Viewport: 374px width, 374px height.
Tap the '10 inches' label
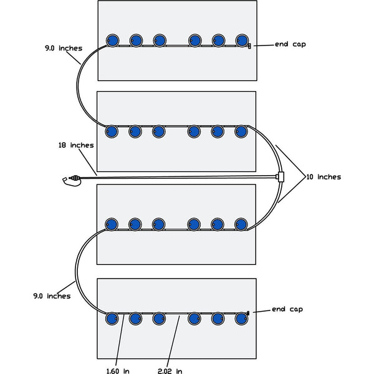[x=324, y=177]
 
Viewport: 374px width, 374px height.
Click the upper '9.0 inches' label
[x=63, y=48]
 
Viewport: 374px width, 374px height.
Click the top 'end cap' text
[x=290, y=45]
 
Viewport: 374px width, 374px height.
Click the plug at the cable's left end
[x=69, y=180]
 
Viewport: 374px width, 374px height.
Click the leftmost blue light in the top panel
[x=112, y=41]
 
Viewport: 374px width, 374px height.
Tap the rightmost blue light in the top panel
[x=242, y=41]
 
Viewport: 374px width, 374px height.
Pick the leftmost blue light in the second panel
[x=112, y=132]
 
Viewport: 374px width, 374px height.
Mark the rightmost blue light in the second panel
[x=241, y=132]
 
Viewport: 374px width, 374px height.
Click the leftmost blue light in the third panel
[x=112, y=224]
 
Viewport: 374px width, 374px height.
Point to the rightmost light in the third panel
[x=241, y=224]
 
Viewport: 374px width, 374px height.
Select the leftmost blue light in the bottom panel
[x=112, y=319]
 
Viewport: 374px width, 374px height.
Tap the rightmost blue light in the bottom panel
[x=241, y=319]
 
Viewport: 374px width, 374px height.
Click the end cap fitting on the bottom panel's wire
[x=249, y=312]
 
